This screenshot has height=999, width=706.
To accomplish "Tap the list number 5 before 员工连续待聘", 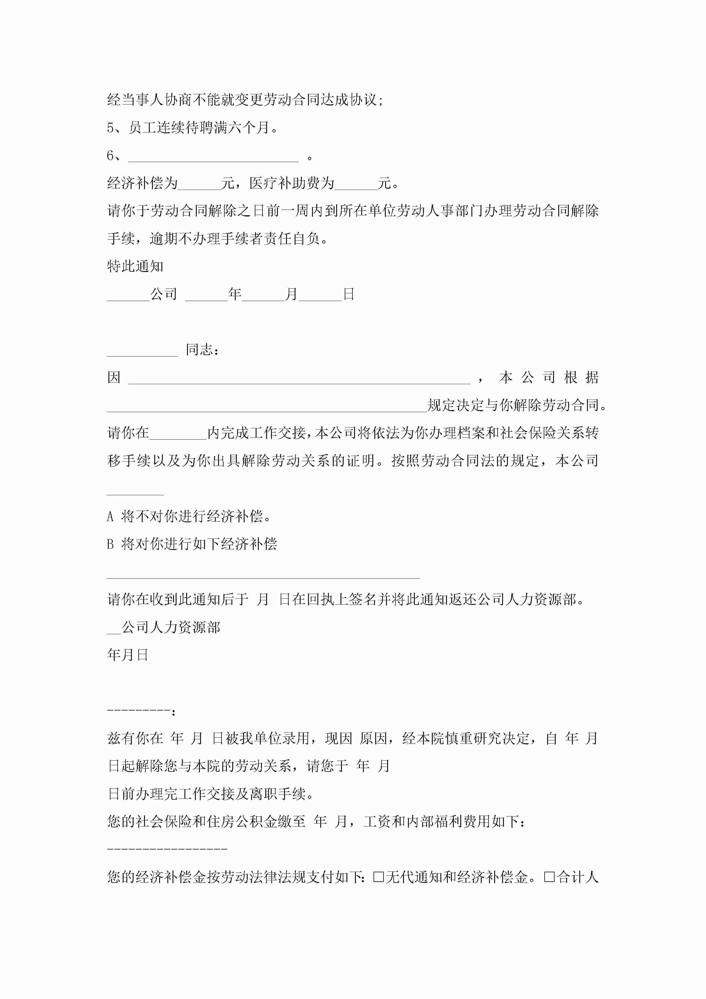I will coord(110,128).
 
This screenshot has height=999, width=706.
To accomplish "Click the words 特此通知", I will coord(135,266).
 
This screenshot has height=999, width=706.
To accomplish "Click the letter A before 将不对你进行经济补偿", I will coord(110,517).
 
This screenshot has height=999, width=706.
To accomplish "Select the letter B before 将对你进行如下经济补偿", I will coord(110,544).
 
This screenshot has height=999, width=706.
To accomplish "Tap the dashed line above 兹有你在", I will coord(138,711).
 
